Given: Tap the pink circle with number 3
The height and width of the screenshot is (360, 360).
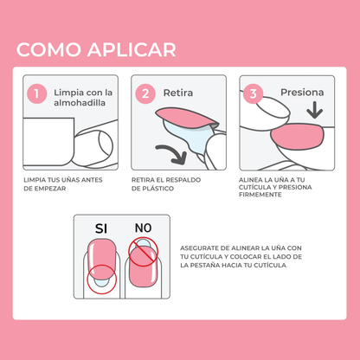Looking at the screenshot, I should click(254, 92).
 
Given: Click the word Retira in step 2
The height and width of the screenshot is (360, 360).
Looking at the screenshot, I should click(178, 92).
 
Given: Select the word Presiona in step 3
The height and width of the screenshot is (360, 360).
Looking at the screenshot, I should click(302, 92).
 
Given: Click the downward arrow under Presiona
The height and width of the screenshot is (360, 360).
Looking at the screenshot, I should click(314, 111).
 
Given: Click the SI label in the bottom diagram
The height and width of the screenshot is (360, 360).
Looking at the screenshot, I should click(101, 228).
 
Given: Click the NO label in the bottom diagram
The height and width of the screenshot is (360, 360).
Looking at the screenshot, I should click(143, 228).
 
